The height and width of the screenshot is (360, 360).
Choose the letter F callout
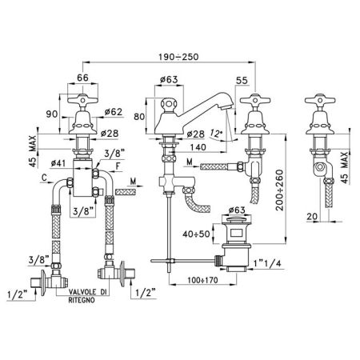[x=118, y=166]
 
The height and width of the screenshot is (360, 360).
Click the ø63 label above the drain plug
[x=241, y=209]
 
